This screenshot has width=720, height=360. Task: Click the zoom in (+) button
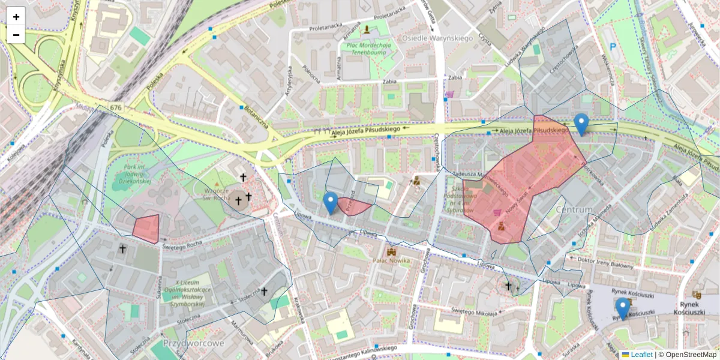[x=16, y=17]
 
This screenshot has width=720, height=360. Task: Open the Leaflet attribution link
[x=641, y=355]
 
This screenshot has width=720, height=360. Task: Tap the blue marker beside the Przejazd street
[x=330, y=203]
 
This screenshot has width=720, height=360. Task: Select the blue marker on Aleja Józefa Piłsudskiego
[x=581, y=124]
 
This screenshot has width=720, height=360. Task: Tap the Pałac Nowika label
[x=391, y=261]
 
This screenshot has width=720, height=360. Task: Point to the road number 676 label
[x=116, y=108]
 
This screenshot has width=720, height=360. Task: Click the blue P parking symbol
[x=613, y=47]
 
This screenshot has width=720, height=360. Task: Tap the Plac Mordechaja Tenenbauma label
[x=367, y=49]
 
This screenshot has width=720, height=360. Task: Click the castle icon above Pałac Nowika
[x=392, y=251]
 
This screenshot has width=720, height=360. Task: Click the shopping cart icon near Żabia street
[x=449, y=94]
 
